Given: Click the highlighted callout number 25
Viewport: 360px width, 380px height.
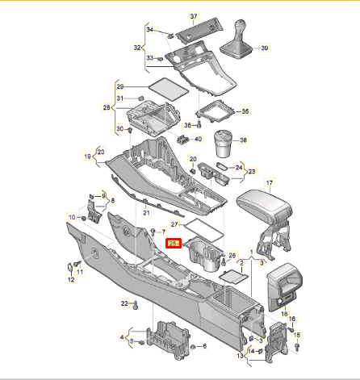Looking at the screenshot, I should (172, 243).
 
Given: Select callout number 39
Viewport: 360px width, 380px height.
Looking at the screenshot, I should (265, 49).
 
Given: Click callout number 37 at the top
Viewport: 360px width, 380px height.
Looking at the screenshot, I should (194, 17).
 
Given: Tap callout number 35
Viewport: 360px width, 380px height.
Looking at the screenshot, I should (246, 111).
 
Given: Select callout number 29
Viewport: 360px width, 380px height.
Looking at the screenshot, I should (120, 86).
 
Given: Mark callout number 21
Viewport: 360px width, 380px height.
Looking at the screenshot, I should (146, 213).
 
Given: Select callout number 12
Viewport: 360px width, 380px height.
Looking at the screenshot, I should (70, 280).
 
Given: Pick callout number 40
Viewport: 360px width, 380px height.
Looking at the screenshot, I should (198, 140).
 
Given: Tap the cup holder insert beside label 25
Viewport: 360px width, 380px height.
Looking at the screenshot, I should (202, 253).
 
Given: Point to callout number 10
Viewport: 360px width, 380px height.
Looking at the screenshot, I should (71, 218).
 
